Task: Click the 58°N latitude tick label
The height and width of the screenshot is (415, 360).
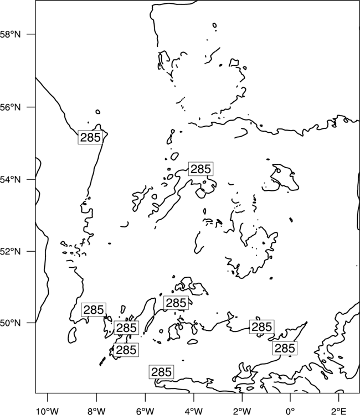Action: point(10,34)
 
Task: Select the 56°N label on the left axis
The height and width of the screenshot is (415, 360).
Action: point(10,107)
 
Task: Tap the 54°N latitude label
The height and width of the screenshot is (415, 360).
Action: point(10,180)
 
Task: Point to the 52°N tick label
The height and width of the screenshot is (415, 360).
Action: point(10,251)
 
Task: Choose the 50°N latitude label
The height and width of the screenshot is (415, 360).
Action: point(10,323)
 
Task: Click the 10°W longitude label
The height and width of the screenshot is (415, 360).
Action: point(48,411)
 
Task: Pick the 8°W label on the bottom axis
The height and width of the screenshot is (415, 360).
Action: point(96,411)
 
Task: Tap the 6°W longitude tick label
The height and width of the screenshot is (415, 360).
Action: point(145,411)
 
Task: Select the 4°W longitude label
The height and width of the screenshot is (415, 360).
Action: point(194,411)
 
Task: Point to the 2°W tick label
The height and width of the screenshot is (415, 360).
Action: point(242,411)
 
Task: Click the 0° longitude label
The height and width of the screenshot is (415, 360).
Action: point(290,411)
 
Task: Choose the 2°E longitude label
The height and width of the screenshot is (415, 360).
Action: point(339,411)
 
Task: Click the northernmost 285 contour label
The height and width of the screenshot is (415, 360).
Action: point(90,137)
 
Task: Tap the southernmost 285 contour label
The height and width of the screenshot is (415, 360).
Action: point(161,372)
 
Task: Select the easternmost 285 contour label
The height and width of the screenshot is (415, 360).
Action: point(285,348)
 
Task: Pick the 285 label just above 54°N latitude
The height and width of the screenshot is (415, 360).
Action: point(201,169)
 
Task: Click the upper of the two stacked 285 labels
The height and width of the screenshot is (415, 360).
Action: point(126,328)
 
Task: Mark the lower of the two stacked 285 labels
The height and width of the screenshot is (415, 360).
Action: point(126,350)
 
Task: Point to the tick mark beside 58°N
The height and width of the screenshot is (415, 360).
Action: point(31,34)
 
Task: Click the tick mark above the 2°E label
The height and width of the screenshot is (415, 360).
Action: point(339,396)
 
